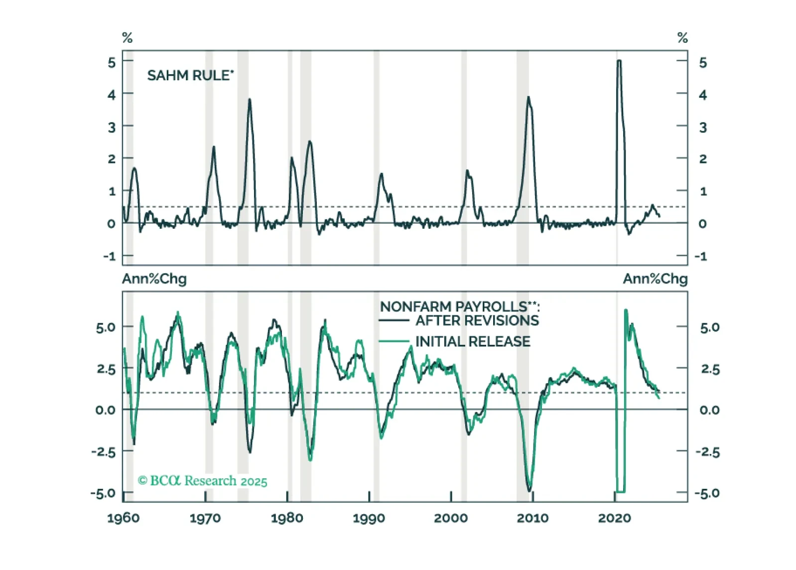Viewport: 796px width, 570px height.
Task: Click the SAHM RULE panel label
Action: pos(190,76)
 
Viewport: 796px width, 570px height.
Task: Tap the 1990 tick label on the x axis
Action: pos(369,518)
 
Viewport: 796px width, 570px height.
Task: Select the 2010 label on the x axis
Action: pos(532,518)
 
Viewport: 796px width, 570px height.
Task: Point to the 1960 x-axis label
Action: pos(124,518)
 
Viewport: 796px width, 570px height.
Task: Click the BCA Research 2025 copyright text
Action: pos(202,481)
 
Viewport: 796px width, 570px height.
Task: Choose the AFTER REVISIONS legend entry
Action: pos(477,320)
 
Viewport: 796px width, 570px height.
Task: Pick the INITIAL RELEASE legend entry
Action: pos(472,341)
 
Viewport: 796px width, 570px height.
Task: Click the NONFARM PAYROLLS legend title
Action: pos(459,306)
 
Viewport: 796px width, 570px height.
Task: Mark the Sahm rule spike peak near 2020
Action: pos(619,61)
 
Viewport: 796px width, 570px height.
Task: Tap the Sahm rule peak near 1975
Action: pos(250,100)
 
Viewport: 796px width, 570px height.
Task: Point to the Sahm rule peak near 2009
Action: pos(528,98)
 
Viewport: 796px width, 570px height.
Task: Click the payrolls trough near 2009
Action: pos(529,490)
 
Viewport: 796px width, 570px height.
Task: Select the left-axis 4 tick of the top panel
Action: pos(112,95)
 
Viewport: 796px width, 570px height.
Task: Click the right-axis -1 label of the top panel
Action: pos(701,256)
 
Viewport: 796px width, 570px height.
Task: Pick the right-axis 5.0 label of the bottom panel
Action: pos(709,327)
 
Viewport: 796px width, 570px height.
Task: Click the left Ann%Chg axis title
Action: pos(154,279)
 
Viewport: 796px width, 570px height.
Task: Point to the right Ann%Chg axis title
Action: pos(655,279)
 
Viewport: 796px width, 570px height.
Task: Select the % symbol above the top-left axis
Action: pos(128,38)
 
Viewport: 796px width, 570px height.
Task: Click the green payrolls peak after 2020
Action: pos(626,311)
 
